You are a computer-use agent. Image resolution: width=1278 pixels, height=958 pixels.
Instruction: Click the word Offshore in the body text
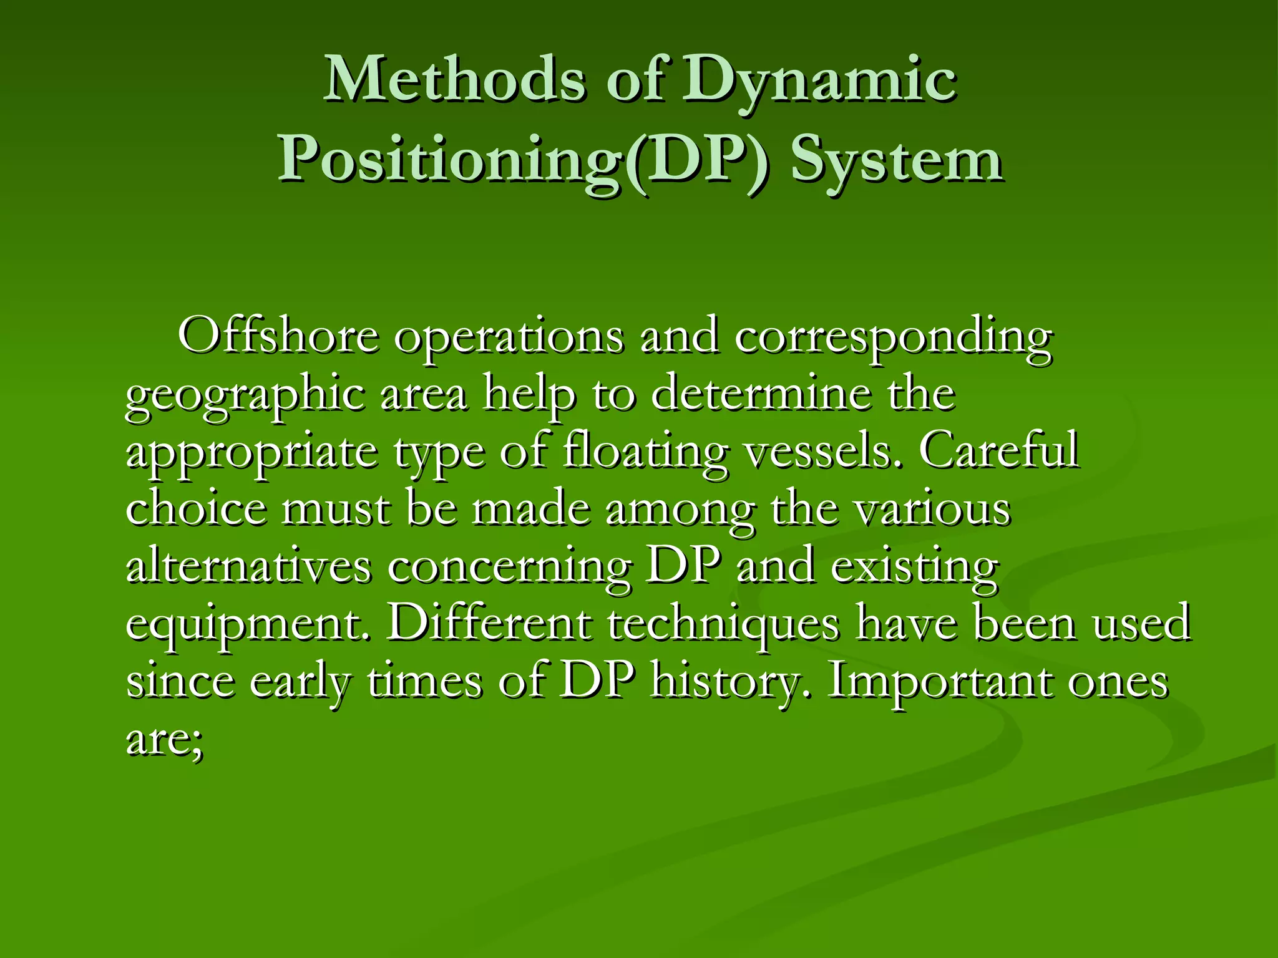[278, 336]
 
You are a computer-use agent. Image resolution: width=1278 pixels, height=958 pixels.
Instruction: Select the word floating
[645, 452]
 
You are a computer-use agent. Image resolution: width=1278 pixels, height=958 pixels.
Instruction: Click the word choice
[196, 508]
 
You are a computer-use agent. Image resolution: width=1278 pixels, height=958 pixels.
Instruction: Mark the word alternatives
[249, 566]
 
